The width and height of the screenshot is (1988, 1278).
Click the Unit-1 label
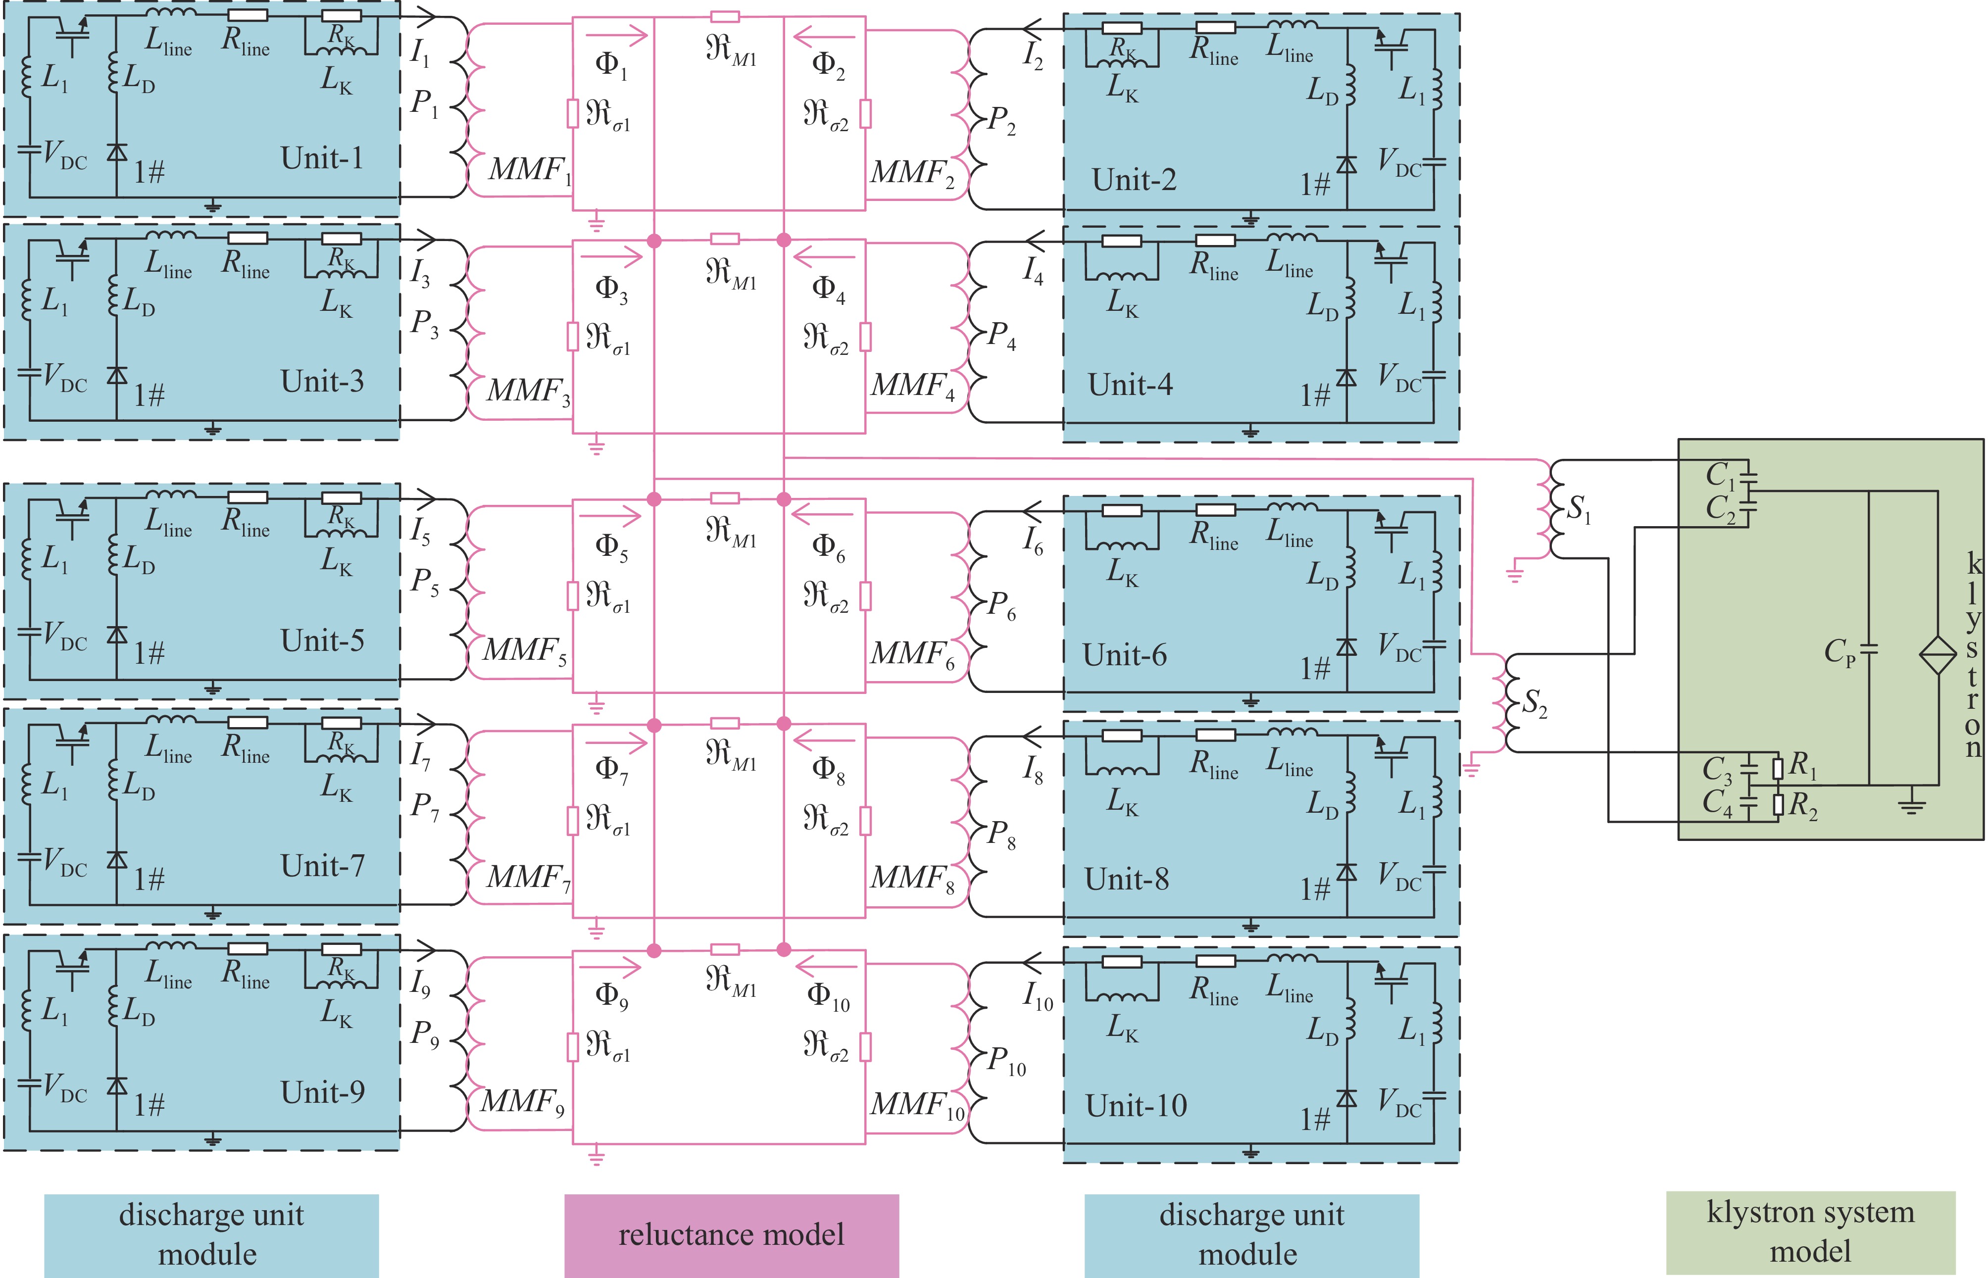(322, 158)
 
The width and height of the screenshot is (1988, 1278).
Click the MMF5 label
(524, 650)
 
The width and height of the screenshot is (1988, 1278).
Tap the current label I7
(421, 755)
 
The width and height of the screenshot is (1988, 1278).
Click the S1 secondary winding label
(1578, 509)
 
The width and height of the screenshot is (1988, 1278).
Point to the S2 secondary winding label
(1534, 704)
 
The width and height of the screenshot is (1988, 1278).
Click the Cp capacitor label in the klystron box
(1839, 652)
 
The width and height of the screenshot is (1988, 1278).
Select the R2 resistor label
(1803, 805)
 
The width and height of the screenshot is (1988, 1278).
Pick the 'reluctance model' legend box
(731, 1235)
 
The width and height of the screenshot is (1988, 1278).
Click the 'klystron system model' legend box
(1810, 1232)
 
